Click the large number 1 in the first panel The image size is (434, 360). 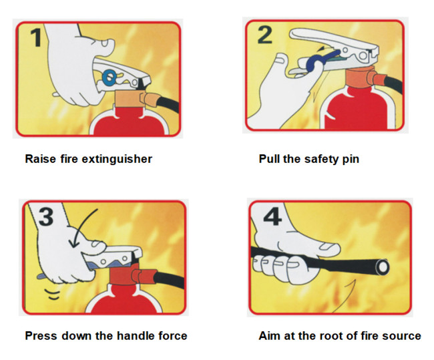coord(36,37)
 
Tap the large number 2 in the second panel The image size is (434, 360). coord(264,35)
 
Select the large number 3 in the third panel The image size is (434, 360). coord(46,216)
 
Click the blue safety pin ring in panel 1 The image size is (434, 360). coord(110,76)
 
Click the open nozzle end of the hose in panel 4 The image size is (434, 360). coord(383,267)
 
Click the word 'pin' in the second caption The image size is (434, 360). coord(351,160)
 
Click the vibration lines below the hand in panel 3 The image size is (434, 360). coord(53,294)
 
